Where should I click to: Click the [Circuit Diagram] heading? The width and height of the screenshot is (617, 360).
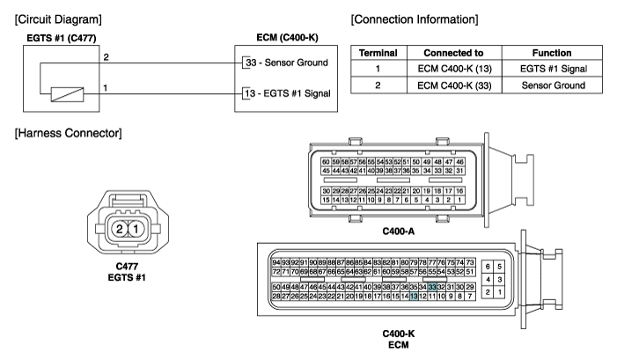tap(58, 19)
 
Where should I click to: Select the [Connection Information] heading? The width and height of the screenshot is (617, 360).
tap(415, 19)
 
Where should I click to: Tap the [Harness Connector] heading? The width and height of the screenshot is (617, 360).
tap(68, 133)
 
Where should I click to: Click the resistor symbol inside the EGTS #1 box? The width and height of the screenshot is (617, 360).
tap(67, 94)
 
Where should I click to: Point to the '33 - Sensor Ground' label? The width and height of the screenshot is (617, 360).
tap(286, 62)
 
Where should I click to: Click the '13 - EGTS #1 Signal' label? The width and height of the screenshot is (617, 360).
tap(288, 93)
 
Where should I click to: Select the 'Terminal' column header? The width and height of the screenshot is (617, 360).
tap(378, 53)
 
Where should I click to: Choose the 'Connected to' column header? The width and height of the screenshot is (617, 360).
tap(453, 53)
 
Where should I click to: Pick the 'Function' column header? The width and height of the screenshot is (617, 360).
tap(552, 53)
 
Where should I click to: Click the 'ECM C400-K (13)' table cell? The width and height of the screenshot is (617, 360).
tap(454, 69)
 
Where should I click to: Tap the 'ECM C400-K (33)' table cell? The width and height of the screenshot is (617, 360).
tap(454, 85)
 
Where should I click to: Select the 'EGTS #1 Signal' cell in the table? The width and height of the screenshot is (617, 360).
tap(554, 69)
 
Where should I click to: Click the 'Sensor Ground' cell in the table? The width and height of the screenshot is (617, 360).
tap(554, 85)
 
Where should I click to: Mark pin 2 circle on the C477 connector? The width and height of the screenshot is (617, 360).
tap(119, 229)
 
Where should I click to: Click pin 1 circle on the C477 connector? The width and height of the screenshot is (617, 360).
tap(136, 229)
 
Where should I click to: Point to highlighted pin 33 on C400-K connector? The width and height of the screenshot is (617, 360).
tap(432, 287)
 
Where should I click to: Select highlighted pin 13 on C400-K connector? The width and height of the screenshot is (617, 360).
tap(414, 297)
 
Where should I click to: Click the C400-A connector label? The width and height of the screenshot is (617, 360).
tap(398, 231)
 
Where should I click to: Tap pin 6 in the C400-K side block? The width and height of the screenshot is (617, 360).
tap(488, 267)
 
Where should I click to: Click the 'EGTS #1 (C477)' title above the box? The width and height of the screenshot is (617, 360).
tap(62, 38)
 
